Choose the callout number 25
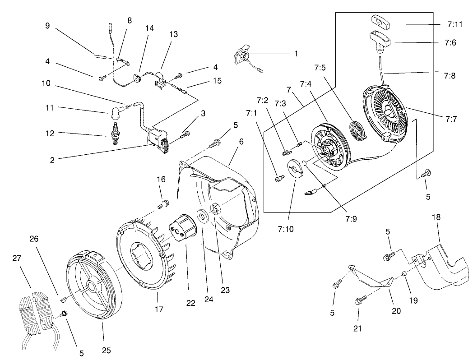pyautogui.click(x=106, y=350)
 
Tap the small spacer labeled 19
pyautogui.click(x=405, y=273)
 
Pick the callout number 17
pyautogui.click(x=159, y=309)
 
